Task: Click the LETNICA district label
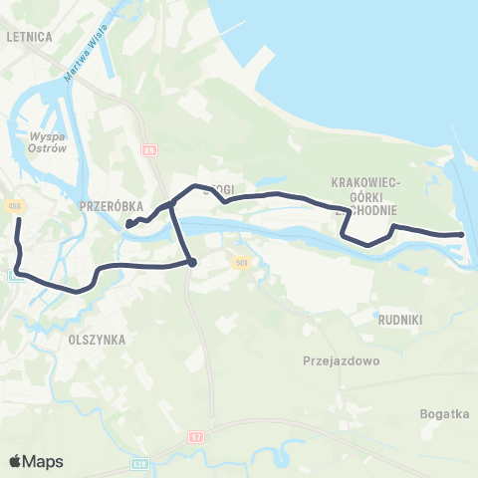[x=29, y=35]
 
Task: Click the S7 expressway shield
[x=197, y=436]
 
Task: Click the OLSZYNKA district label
[x=97, y=339]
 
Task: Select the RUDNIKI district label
[x=401, y=321]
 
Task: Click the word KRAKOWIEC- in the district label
[x=365, y=183]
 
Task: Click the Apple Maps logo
[x=35, y=461]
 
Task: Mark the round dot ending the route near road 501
[x=191, y=263]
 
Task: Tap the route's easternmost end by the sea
[x=462, y=234]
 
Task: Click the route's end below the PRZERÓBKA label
[x=129, y=225]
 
